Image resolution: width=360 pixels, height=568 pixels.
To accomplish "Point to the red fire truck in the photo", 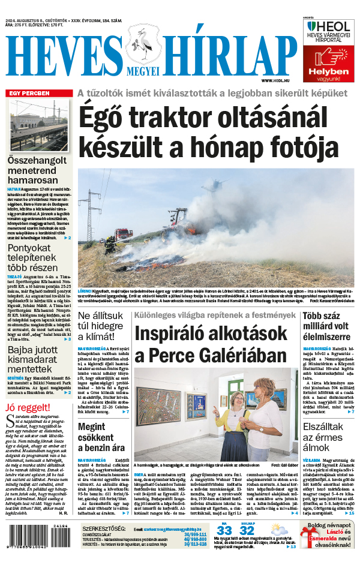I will pos(122,232).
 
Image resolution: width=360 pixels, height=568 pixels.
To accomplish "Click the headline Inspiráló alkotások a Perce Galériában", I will pos(210,345).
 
